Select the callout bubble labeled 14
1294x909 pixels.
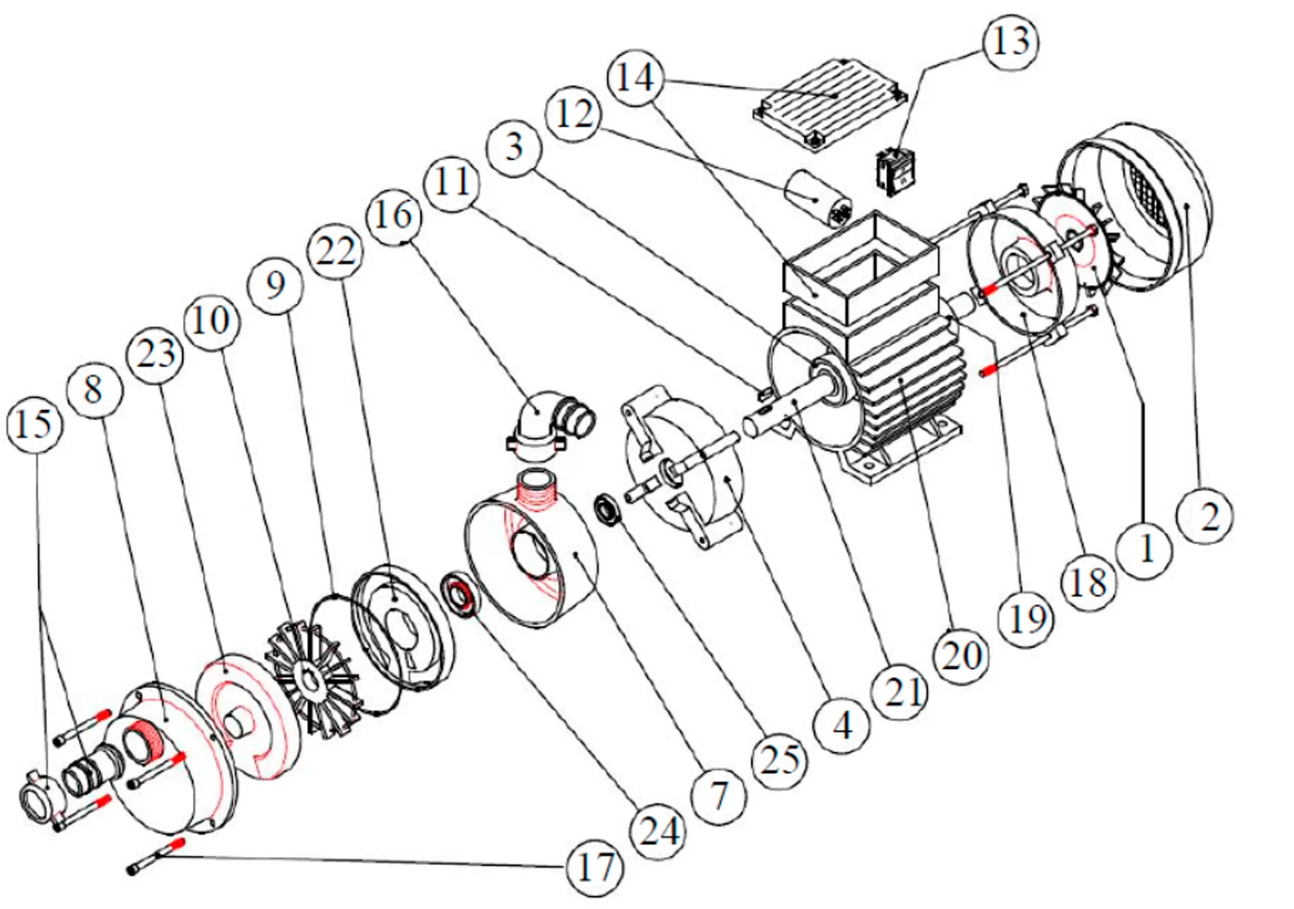coord(636,78)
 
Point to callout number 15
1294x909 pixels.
coord(34,424)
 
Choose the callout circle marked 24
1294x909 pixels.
coord(658,832)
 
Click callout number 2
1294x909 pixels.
coord(1205,516)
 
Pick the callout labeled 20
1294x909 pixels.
coord(962,656)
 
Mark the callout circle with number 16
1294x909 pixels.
coord(394,216)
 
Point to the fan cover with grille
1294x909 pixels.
coord(1143,204)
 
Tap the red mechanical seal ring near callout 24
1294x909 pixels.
coord(459,597)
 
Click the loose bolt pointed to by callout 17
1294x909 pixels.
coord(156,857)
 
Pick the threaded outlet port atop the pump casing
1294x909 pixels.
coord(537,487)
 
